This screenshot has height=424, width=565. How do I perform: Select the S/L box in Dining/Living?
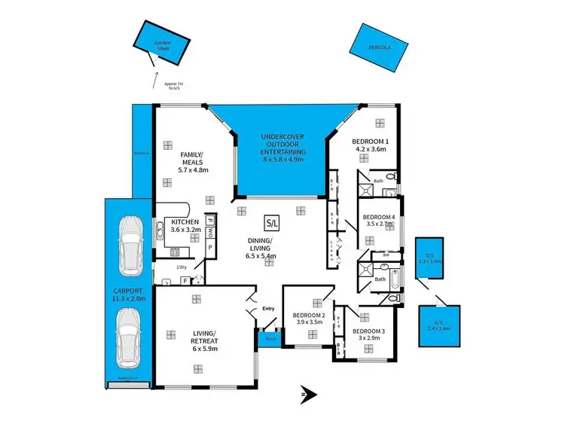[x=270, y=223]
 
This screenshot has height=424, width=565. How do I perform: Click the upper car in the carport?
[x=130, y=245]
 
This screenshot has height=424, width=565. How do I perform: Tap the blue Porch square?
[x=267, y=340]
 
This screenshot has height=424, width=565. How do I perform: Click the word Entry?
[x=269, y=309]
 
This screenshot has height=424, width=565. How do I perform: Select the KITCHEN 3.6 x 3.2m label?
[x=185, y=225]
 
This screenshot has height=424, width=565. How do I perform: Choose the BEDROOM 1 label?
[x=370, y=145]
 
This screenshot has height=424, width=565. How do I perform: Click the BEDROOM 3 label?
[x=369, y=334]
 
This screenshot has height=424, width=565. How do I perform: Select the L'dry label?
[x=181, y=268]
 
